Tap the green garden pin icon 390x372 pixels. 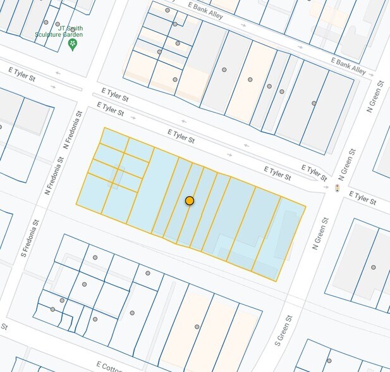73,44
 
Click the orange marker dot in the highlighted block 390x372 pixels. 189,201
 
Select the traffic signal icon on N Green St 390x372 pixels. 337,188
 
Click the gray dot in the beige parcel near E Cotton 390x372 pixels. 197,326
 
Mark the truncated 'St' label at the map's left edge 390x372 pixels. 4,327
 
